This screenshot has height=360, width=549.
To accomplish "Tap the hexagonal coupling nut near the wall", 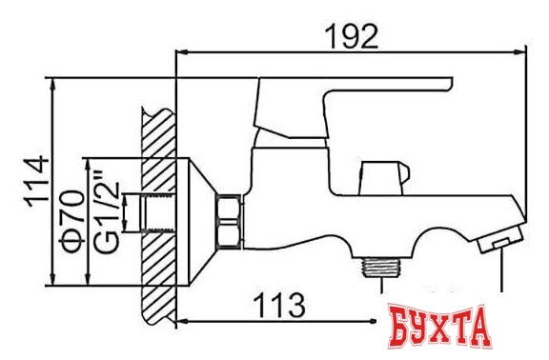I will click(229, 222).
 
